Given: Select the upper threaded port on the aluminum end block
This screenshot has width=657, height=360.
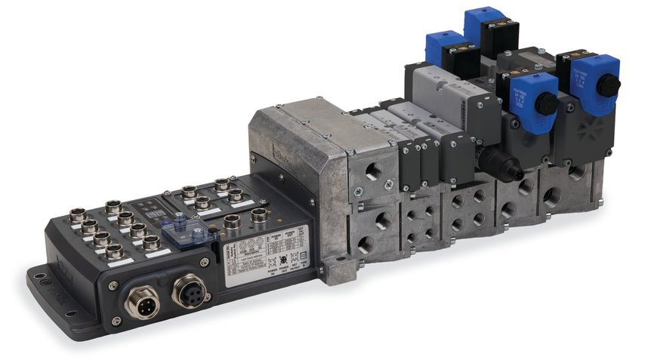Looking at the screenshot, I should [374, 173].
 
